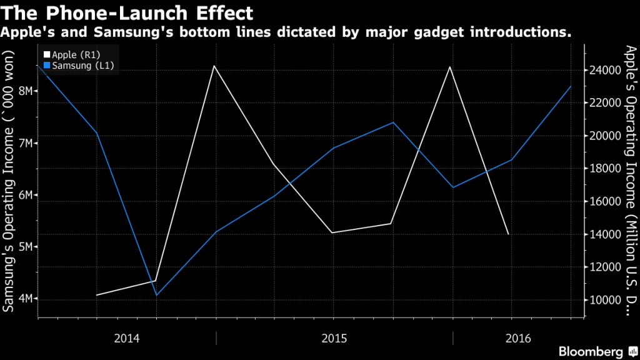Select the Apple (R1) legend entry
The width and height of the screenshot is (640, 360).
pos(74,55)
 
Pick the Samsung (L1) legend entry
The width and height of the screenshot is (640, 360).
pos(78,66)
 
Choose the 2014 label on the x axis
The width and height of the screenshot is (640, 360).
pos(127,339)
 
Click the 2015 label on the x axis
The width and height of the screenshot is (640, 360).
pos(334,339)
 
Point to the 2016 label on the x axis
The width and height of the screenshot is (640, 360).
pos(518,339)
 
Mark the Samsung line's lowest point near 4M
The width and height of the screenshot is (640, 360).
pos(156,295)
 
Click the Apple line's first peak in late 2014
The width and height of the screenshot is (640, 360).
pos(215,66)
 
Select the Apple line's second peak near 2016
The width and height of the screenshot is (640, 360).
pos(450,66)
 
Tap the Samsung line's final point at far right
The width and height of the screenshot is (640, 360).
pos(571,86)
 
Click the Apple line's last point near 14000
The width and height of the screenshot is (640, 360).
pos(508,234)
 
